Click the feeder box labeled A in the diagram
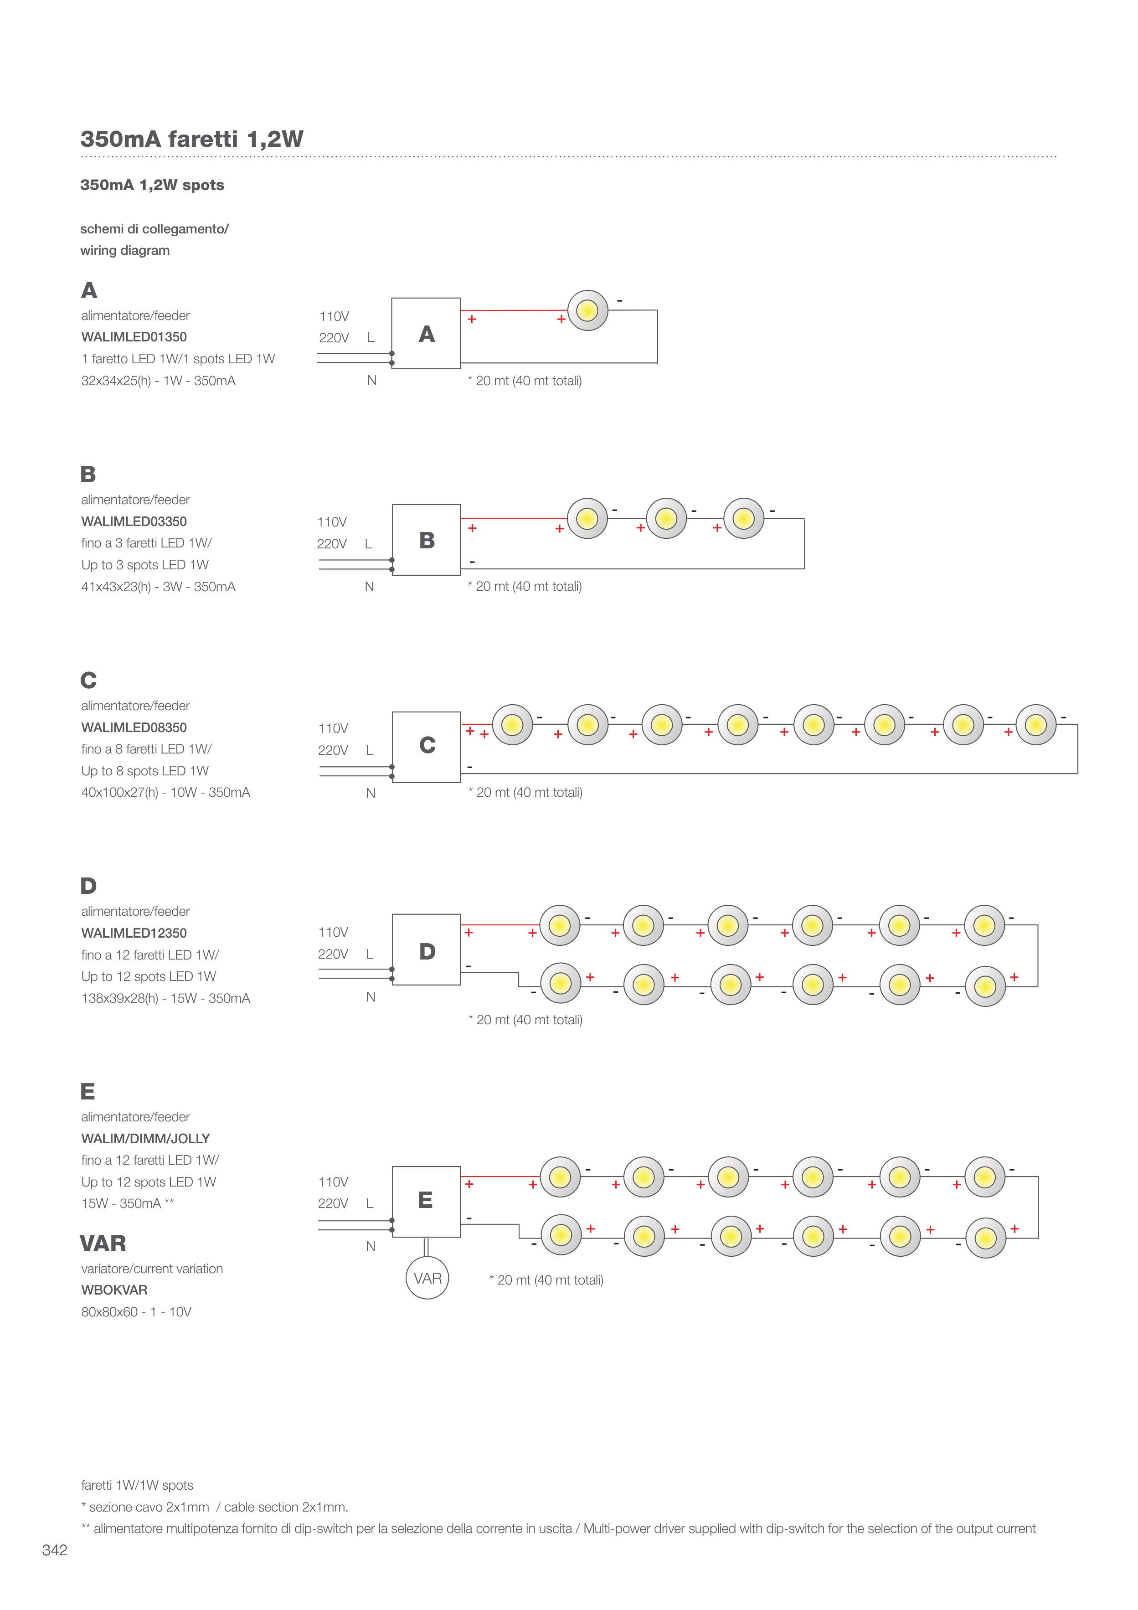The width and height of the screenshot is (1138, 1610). point(426,334)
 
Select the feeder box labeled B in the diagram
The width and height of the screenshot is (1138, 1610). point(426,540)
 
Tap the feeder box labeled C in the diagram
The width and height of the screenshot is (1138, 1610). point(426,746)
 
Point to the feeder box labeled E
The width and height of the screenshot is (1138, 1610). point(426,1201)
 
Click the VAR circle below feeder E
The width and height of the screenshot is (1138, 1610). point(427,1278)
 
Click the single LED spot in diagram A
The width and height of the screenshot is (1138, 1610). point(587,310)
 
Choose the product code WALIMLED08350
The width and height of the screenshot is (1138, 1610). point(134,727)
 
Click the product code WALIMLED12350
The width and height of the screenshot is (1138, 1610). point(134,933)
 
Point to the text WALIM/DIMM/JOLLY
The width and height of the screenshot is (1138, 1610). point(145,1139)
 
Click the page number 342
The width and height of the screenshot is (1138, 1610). point(55,1550)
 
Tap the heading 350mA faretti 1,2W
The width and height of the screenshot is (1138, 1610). point(191,139)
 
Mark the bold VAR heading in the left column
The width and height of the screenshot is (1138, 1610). point(103,1243)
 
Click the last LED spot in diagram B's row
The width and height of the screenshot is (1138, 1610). point(743,519)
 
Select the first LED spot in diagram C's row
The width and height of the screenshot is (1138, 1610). point(513,724)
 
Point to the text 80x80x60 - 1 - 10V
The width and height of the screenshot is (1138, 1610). point(136,1312)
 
